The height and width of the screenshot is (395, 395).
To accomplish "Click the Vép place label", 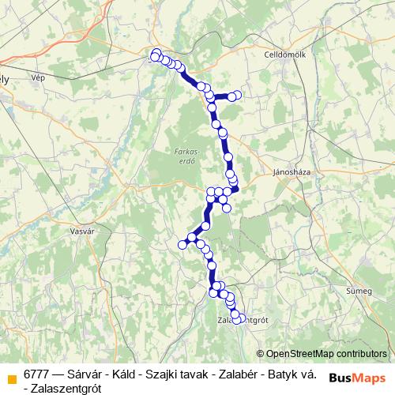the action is coord(38,78).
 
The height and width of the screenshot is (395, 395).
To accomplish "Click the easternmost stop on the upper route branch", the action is coord(237,96).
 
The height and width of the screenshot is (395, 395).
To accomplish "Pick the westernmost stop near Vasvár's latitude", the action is coord(182,245).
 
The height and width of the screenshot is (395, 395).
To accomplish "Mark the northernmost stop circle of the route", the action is coord(156,53).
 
